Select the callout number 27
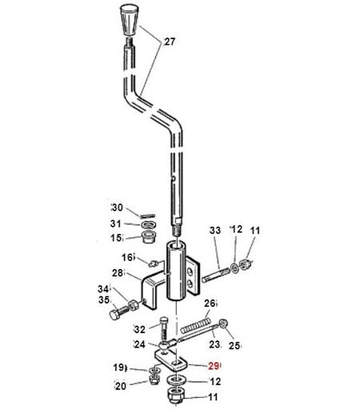tap(170, 42)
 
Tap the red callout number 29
tap(214, 366)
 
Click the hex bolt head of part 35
tap(115, 316)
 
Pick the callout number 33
tap(215, 230)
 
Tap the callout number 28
tap(118, 273)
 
